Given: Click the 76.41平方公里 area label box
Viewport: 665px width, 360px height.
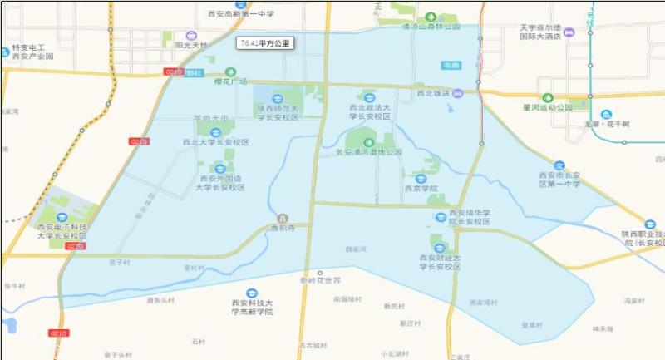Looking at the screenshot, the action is (x=265, y=42).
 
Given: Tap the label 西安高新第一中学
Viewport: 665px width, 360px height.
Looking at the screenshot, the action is (x=240, y=14).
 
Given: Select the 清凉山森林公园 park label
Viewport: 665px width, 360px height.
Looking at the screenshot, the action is (x=431, y=27).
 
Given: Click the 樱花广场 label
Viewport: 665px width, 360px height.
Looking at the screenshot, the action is (x=231, y=81).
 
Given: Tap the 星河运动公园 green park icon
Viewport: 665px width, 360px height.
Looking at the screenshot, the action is (x=547, y=97).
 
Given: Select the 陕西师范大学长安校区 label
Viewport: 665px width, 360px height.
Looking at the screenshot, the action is (x=278, y=112).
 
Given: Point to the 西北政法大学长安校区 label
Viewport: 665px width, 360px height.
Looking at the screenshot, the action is (x=369, y=112).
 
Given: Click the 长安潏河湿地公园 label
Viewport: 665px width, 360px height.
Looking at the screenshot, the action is (x=368, y=152).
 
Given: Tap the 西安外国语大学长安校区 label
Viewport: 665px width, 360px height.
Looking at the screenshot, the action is (x=220, y=182).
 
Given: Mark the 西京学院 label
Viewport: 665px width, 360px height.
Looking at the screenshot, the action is (x=421, y=188).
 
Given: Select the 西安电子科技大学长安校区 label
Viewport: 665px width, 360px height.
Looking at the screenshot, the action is (x=62, y=231).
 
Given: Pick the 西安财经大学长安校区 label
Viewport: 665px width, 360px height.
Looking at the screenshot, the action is (x=440, y=263).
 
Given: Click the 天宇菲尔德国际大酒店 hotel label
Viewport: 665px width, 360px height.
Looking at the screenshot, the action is (x=536, y=32).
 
